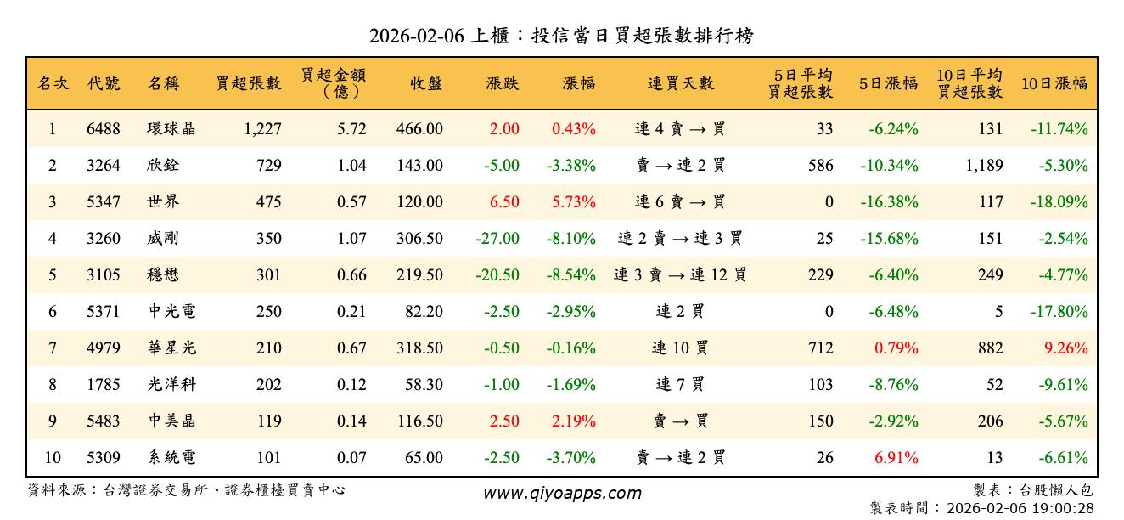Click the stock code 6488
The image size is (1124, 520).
point(104,129)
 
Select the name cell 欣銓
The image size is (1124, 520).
point(162,166)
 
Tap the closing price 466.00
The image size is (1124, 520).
point(419,129)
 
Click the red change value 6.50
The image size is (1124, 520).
point(504,202)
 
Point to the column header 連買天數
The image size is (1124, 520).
point(681,83)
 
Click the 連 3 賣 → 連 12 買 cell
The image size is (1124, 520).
point(680,275)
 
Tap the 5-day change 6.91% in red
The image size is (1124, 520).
point(896,458)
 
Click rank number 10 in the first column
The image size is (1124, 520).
point(53,458)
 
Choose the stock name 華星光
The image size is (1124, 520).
point(171,348)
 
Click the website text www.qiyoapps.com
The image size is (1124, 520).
point(562,494)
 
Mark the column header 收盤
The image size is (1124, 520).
point(426,83)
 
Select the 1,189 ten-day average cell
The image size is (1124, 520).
point(984,166)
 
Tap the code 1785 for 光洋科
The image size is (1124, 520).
point(104,385)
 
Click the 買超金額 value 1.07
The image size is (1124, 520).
point(351,239)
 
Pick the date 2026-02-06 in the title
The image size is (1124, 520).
point(415,37)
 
